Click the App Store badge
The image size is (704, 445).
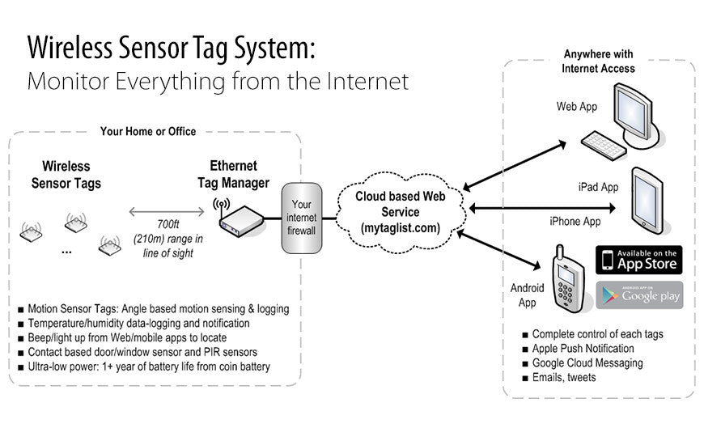coord(639,260)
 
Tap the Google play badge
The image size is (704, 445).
coord(639,295)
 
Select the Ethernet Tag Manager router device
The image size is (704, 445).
coord(240,219)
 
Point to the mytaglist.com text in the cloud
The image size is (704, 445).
coord(400,228)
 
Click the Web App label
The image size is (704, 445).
coord(576,106)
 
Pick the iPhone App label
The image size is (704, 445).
coord(575,221)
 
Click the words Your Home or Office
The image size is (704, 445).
coord(148,131)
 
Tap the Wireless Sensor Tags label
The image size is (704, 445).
coord(66,175)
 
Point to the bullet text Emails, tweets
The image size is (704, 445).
coord(564,377)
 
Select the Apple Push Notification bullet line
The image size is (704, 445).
coord(583,348)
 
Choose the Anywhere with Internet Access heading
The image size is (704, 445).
coord(599,61)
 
